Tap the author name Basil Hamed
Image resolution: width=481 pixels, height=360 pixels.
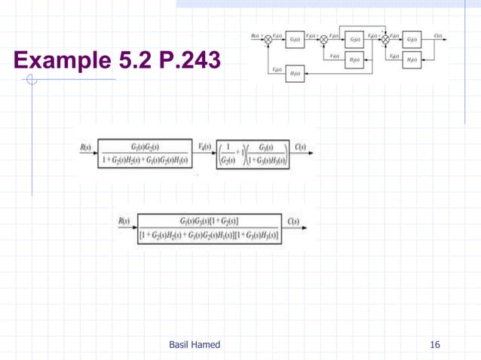(x=195, y=345)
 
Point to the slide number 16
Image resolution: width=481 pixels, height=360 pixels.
(x=434, y=345)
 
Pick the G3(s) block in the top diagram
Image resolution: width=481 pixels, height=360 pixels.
(x=412, y=39)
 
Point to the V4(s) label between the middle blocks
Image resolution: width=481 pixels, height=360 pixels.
(x=204, y=146)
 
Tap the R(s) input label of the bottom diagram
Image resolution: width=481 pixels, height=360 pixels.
(x=124, y=222)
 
